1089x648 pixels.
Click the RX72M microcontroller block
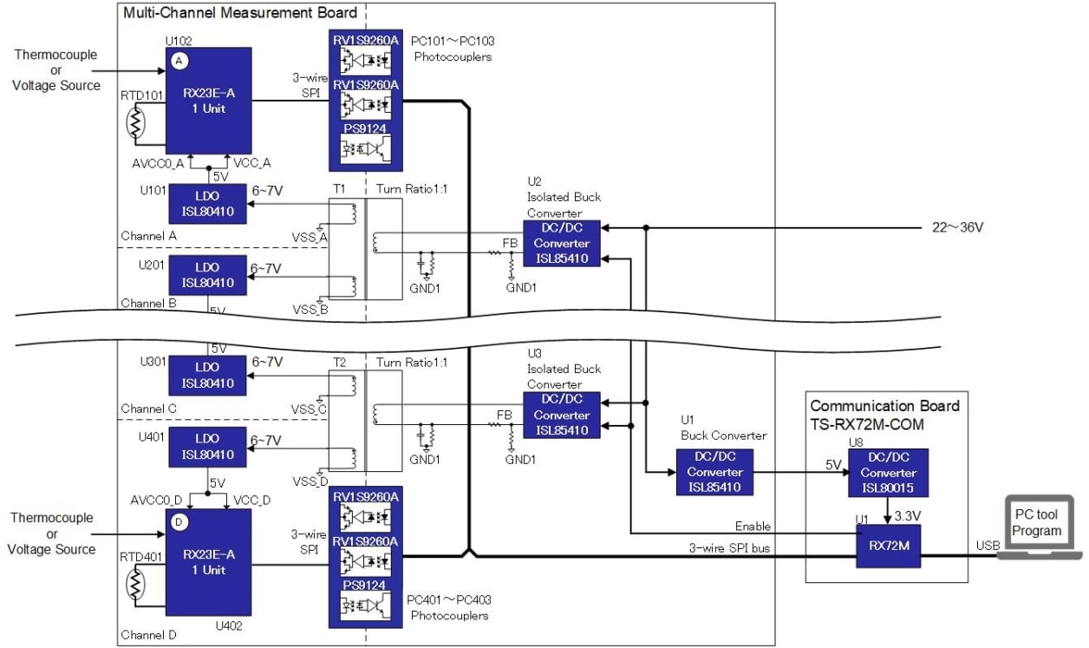[x=888, y=547]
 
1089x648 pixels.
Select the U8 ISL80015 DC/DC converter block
[x=888, y=473]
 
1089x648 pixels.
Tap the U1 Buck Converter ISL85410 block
[x=714, y=473]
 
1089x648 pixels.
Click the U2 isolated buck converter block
[x=562, y=244]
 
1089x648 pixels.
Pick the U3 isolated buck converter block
[x=562, y=415]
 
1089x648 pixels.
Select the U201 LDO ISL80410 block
[x=207, y=275]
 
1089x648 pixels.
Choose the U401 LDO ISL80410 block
[x=207, y=448]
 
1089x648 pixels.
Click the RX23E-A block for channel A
[x=208, y=101]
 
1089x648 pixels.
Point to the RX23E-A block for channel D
[x=208, y=562]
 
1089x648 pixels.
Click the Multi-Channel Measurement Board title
[x=240, y=13]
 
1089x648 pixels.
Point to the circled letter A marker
[x=179, y=61]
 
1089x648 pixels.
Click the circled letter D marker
[x=179, y=522]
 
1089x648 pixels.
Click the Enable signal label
[x=753, y=526]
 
